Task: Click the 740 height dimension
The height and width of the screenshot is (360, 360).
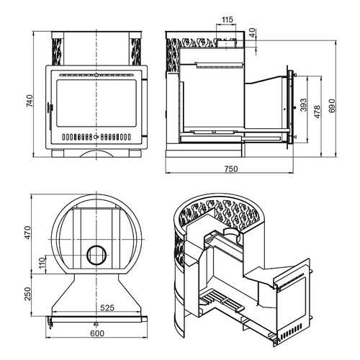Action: (30, 101)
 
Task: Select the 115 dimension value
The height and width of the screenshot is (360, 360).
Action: (227, 19)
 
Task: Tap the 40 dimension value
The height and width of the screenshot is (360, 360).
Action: (252, 32)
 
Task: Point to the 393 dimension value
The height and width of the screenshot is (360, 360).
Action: (304, 105)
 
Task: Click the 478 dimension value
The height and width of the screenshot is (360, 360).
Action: (318, 112)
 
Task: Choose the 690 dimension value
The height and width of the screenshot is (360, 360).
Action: (331, 106)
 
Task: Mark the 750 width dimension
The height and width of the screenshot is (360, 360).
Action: (231, 169)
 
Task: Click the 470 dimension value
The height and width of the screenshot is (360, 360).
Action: (28, 233)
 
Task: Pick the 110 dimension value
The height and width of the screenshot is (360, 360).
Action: (42, 263)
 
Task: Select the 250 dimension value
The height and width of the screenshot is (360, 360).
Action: (28, 294)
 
